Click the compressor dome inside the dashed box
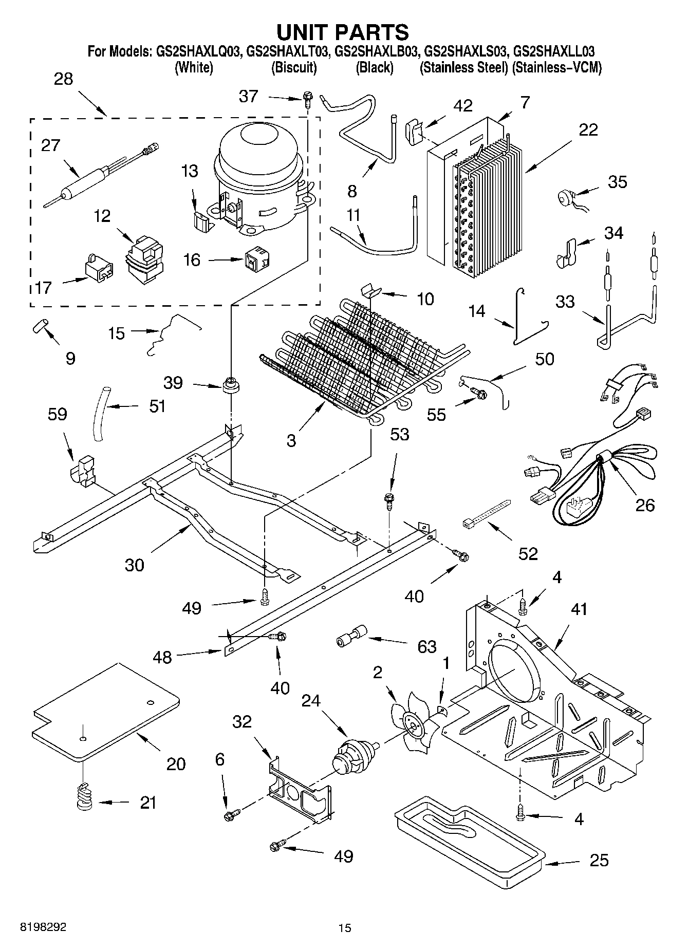(x=259, y=177)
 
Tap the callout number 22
(x=588, y=129)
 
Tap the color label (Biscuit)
(x=293, y=67)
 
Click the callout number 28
(x=63, y=79)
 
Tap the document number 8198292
(x=43, y=927)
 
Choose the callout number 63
(x=426, y=647)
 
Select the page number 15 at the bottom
(x=345, y=928)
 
